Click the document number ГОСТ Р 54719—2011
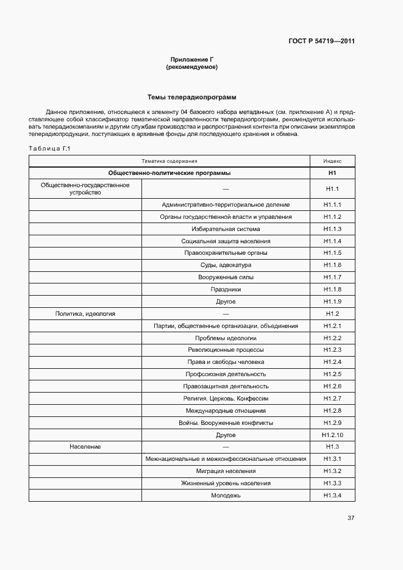tap(321, 41)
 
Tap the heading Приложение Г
tap(191, 60)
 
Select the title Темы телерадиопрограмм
tap(191, 98)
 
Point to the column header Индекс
tap(332, 161)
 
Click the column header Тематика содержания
tap(169, 161)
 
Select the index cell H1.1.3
tap(332, 229)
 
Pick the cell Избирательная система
tap(226, 229)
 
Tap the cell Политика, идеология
tap(85, 313)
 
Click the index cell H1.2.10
tap(332, 435)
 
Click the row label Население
tap(85, 447)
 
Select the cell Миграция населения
tap(226, 471)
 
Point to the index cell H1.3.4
tap(332, 495)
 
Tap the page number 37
tap(351, 518)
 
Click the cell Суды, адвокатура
tap(226, 265)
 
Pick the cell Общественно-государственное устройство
tap(85, 188)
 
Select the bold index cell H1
tap(332, 173)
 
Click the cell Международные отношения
tap(226, 410)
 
